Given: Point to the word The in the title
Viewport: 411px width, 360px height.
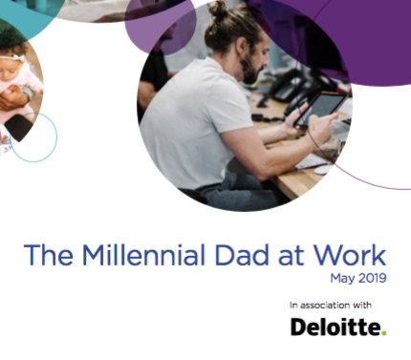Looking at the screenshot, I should [x=44, y=256].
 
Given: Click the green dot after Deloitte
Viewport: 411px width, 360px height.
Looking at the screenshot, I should [x=384, y=332].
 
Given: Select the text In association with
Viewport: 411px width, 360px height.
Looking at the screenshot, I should [x=331, y=305].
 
